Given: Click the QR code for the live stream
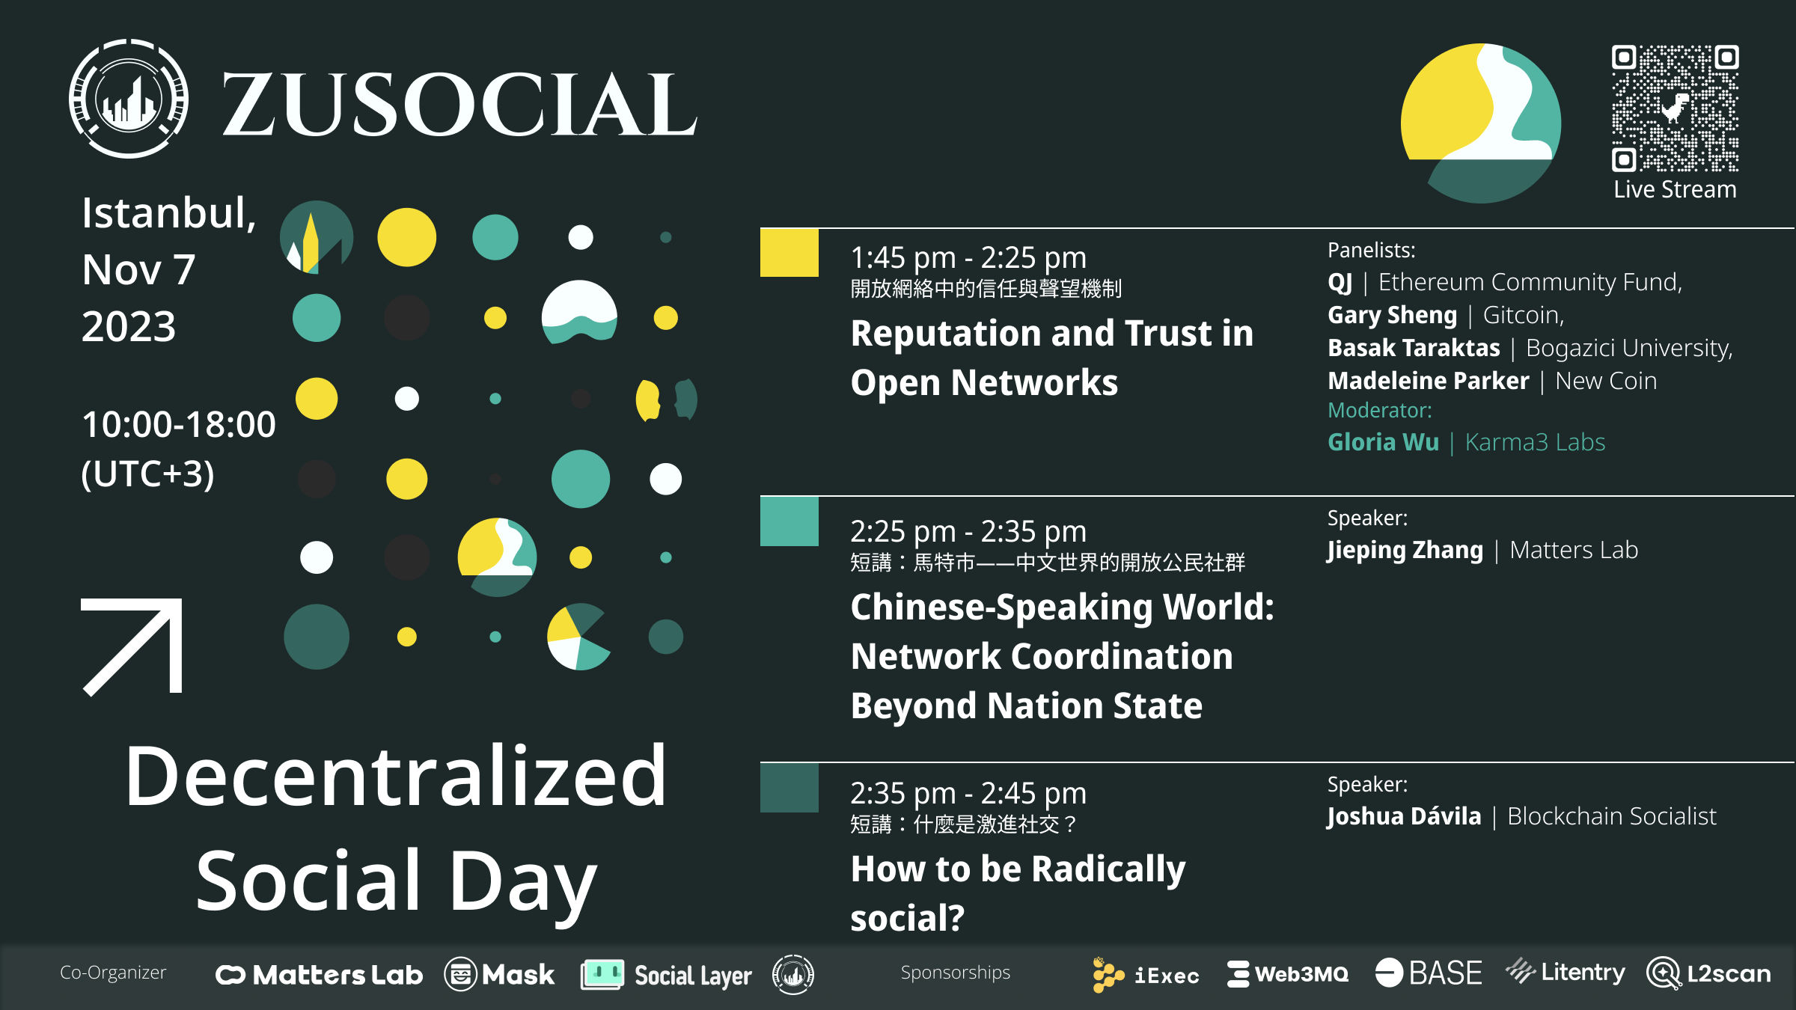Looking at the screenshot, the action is point(1675,108).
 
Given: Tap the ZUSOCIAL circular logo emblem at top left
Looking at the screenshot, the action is point(129,99).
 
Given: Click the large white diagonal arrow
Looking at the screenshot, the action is point(132,647).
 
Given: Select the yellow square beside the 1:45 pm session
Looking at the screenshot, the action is point(789,253).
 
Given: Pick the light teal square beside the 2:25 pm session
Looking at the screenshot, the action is point(789,521).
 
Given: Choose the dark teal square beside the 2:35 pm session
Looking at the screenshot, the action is point(789,788).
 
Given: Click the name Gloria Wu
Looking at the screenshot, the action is point(1383,442).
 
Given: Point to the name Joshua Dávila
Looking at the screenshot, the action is point(1404,816).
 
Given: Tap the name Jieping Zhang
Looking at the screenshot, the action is point(1405,551).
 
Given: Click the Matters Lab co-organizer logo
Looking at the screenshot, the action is point(320,975).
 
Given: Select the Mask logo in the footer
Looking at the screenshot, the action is point(499,974).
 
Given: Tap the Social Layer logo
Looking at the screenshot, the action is point(666,975).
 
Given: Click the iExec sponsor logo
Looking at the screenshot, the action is point(1146,975).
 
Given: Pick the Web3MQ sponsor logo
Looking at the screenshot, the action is point(1288,974).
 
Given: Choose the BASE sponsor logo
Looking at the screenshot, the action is point(1429,973).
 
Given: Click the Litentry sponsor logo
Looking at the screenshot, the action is point(1566,972).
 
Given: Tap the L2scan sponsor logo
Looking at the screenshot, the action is point(1709,973).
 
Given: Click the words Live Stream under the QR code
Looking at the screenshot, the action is point(1675,189).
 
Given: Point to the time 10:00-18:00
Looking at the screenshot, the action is point(179,424).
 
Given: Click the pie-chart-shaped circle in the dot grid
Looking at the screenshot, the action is point(578,637).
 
